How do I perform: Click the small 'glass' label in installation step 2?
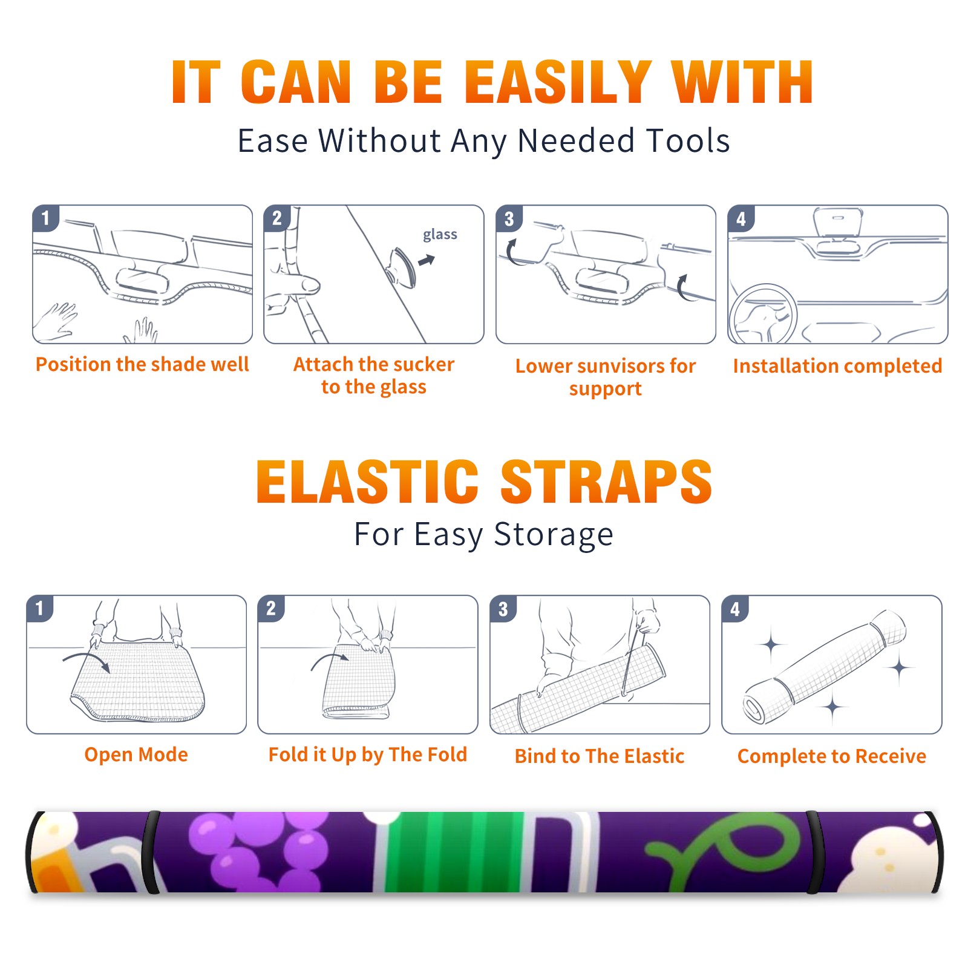pyautogui.click(x=440, y=235)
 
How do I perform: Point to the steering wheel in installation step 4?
pyautogui.click(x=763, y=314)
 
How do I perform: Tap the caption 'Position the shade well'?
pyautogui.click(x=142, y=364)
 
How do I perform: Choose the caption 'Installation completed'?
pyautogui.click(x=837, y=365)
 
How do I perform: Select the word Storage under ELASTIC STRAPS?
pyautogui.click(x=554, y=535)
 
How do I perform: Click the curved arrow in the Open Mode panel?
pyautogui.click(x=87, y=661)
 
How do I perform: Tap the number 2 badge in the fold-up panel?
pyautogui.click(x=271, y=609)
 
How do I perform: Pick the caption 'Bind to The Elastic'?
pyautogui.click(x=599, y=756)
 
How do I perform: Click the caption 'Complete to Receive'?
pyautogui.click(x=832, y=756)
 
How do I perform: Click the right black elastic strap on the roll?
pyautogui.click(x=813, y=852)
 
